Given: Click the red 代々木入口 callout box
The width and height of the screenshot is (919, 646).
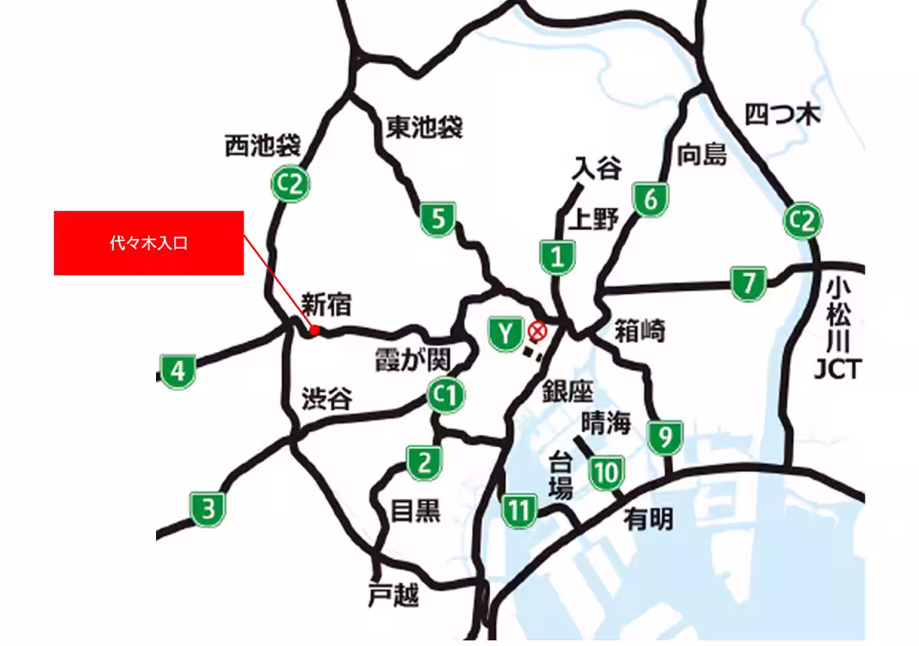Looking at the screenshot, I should pos(149,243).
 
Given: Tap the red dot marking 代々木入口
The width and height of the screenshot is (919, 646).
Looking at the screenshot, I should pos(313,331).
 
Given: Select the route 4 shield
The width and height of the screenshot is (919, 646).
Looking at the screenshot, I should pos(178,372).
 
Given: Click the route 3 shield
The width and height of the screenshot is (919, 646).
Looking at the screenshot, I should pos(208,508).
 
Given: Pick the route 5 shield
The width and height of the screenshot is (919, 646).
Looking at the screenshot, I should pos(438,220).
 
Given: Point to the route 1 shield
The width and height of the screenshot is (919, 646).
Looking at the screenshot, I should pos(558,257).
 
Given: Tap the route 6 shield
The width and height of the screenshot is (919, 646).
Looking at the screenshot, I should pos(649,201).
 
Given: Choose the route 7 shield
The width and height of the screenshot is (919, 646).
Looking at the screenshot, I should pos(747,283).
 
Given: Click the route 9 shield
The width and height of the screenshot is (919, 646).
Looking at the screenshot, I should pos(666,437).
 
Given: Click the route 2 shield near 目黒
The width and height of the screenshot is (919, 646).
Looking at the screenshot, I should pos(424,463).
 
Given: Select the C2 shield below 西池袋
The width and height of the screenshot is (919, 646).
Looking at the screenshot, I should pos(291,184).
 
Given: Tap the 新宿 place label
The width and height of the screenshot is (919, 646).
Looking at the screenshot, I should pos(326,304).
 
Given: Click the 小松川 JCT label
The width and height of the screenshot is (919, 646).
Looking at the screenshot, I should pos(837,329).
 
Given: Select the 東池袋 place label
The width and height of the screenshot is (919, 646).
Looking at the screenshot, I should pos(424,127).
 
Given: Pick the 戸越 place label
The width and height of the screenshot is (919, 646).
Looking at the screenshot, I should pos(394,595).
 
